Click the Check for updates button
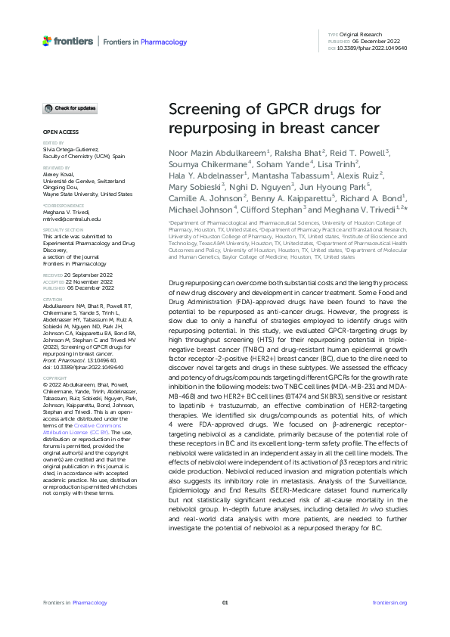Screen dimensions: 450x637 pyautogui.click(x=70, y=108)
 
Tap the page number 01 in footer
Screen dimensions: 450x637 pyautogui.click(x=225, y=602)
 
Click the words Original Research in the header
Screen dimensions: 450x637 pyautogui.click(x=362, y=36)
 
